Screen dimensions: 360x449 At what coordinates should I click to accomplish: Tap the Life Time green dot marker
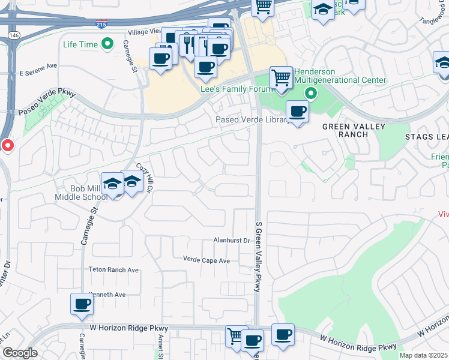click(x=108, y=44)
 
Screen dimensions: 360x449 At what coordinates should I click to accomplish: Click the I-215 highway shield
click(x=102, y=24)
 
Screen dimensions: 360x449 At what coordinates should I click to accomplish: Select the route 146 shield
click(x=12, y=36)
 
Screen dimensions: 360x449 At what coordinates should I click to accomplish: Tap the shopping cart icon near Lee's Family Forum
click(x=281, y=78)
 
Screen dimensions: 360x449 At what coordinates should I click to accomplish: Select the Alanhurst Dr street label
click(x=231, y=241)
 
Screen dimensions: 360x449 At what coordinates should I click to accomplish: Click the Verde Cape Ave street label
click(x=206, y=260)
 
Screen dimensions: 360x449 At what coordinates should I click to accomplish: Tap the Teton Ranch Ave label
click(x=113, y=271)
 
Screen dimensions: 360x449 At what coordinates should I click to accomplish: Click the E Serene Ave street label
click(x=38, y=73)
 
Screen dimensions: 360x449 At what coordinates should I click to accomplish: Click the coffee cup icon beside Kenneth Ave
click(x=82, y=304)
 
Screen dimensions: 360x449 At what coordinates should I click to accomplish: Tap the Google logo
click(x=20, y=353)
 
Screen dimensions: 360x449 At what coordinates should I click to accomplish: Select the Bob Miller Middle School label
click(x=89, y=193)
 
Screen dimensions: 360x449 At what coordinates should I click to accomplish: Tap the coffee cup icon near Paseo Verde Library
click(x=297, y=111)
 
